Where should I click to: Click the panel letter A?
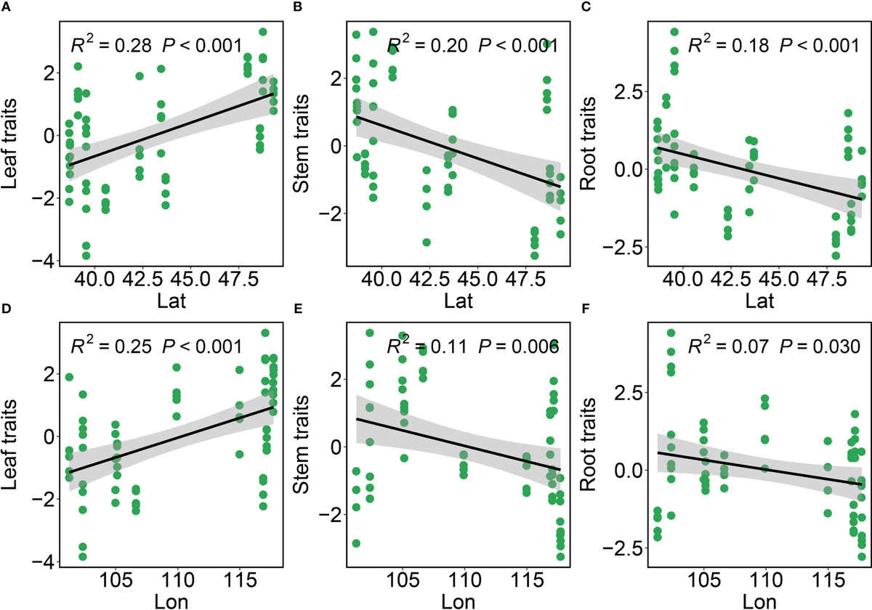[x=6, y=7]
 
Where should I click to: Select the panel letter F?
[x=586, y=309]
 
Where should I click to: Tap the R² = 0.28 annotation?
[x=111, y=45]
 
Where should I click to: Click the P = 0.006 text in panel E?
[x=518, y=346]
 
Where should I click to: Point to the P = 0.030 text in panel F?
[x=820, y=346]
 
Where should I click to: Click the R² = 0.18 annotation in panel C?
[x=729, y=45]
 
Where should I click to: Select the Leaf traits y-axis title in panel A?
[x=9, y=144]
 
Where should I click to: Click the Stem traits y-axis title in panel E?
[x=301, y=445]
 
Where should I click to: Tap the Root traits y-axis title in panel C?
[x=588, y=144]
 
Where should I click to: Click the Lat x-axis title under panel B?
[x=459, y=301]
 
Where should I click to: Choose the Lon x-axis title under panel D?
[x=171, y=602]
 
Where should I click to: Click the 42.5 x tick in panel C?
[x=731, y=280]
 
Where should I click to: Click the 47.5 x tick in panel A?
[x=238, y=280]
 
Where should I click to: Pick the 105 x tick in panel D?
[x=116, y=580]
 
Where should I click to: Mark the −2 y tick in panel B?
[x=330, y=213]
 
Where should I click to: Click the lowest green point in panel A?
[x=86, y=256]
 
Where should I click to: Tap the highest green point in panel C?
[x=674, y=31]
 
